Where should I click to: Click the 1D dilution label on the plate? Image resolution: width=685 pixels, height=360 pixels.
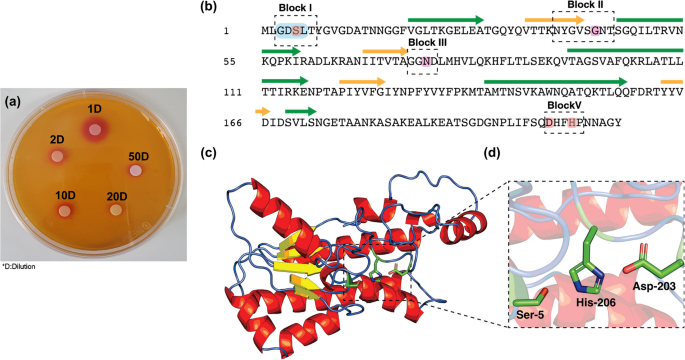pos(94,108)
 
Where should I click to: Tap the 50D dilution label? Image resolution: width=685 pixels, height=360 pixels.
pos(138,156)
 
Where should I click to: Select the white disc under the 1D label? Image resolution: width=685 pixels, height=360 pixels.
pos(95,129)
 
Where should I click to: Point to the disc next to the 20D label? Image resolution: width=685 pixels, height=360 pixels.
pos(116,210)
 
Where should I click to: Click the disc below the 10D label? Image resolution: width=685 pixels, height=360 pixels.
pos(65,211)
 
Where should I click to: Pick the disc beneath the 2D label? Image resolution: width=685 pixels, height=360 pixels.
pos(56,156)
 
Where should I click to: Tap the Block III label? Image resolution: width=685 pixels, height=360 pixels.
pos(427,42)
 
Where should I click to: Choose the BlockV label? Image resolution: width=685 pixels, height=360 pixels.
pos(564,105)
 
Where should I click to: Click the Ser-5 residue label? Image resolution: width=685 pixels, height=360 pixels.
pos(530,314)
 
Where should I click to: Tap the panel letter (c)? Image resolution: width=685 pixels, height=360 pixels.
pos(208,153)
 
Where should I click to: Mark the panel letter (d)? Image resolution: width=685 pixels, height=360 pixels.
pos(492,153)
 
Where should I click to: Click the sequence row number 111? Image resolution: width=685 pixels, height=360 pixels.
pos(233,93)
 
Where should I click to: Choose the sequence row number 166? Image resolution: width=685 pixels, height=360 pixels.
pos(233,123)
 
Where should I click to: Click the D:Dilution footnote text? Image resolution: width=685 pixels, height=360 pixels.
pos(18,266)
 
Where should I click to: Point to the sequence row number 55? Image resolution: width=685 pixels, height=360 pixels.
pos(230,62)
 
